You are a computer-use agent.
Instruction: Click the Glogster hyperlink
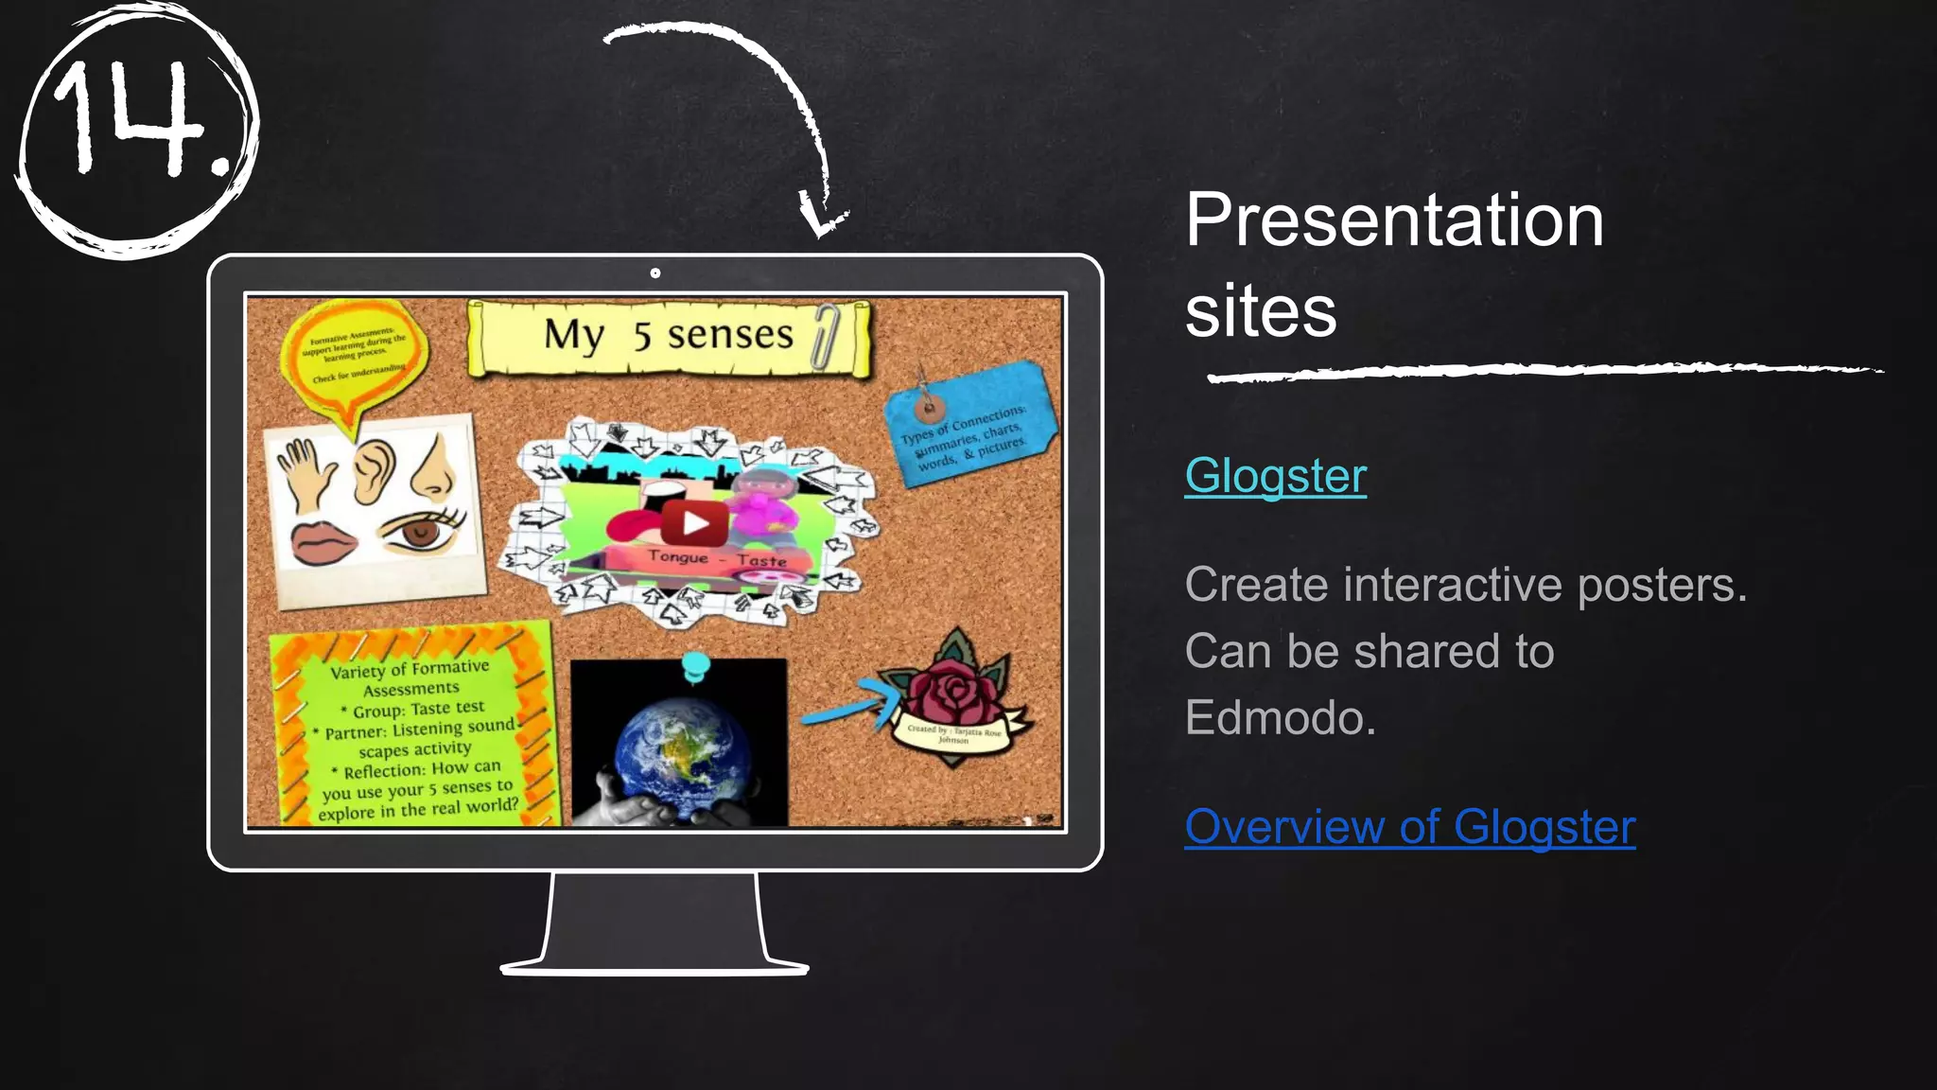pos(1275,476)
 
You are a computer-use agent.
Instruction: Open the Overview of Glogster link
pos(1409,827)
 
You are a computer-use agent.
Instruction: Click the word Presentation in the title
pos(1394,220)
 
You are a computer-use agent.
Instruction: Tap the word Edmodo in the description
pos(1280,717)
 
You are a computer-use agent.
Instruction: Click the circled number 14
pos(135,129)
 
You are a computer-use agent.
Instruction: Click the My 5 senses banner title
pos(668,335)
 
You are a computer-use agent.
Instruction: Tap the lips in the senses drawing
pos(323,542)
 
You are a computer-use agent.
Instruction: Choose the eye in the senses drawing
pos(422,531)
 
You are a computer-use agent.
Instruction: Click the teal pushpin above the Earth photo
pos(695,666)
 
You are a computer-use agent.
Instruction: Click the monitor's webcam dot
pos(655,273)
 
